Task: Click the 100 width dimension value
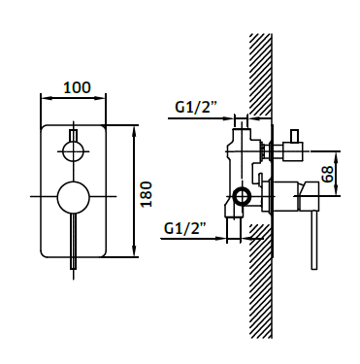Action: point(77,87)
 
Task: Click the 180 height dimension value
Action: point(147,194)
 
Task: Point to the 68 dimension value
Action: point(327,175)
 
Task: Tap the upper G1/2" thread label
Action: point(196,107)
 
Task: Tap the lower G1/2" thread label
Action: point(185,228)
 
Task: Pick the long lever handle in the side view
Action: point(314,240)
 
